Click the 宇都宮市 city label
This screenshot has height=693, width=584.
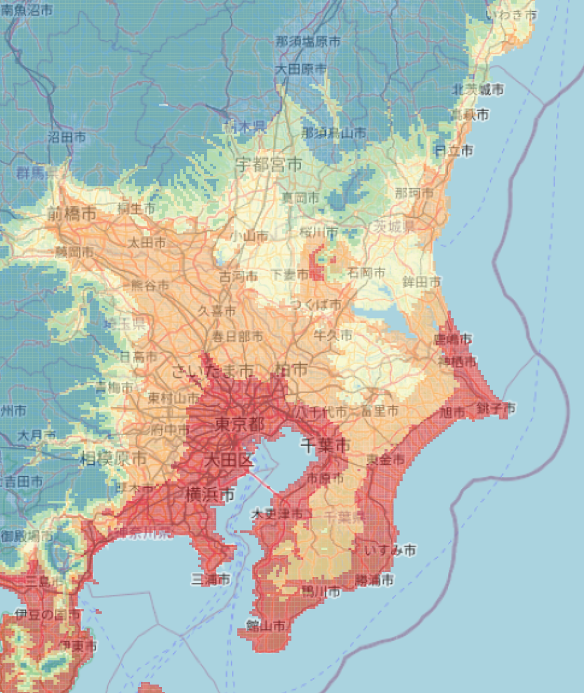269,165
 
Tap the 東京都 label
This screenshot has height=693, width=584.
240,424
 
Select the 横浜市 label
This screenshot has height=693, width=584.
210,494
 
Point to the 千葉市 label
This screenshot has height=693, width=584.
325,446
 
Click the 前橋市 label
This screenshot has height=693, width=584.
72,214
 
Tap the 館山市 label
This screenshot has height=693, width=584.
266,626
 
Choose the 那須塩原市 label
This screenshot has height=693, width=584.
308,41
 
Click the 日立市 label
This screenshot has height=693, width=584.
454,151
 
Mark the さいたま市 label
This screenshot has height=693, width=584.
212,371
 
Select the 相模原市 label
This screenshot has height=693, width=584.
113,459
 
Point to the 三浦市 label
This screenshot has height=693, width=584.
210,580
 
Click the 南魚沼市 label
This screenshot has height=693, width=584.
26,9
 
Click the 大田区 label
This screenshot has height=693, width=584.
229,460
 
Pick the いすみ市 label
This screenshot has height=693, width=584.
390,551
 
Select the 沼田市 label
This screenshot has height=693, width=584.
67,137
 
